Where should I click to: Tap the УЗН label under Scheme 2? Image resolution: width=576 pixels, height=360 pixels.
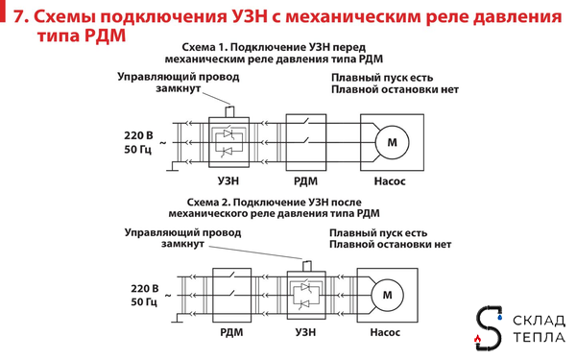(305, 332)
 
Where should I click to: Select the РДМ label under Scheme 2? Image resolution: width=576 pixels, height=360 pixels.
(230, 332)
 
